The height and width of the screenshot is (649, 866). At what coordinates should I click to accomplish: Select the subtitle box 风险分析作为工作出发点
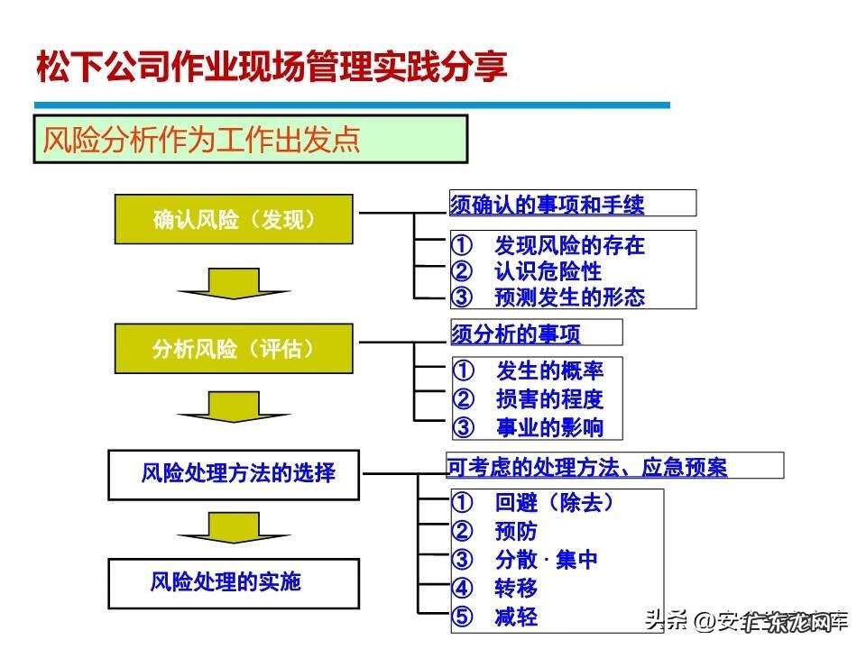click(251, 140)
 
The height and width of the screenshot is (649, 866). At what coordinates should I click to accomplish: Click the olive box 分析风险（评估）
click(234, 349)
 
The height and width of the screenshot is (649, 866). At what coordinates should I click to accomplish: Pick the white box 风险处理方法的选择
click(234, 474)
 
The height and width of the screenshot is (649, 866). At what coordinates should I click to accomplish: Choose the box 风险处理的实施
click(234, 582)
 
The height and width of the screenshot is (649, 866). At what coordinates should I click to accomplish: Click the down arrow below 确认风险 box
click(234, 283)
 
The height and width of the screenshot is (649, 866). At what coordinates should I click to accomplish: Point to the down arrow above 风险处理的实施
click(234, 527)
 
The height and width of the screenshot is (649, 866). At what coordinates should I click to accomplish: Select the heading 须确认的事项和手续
click(548, 205)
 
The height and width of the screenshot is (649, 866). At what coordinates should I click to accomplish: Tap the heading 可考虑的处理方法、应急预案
click(587, 467)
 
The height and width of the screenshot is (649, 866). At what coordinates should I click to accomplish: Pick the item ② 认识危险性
click(527, 270)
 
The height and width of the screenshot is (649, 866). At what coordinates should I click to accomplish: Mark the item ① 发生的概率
click(529, 370)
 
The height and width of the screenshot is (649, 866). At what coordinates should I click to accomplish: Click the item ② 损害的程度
click(529, 399)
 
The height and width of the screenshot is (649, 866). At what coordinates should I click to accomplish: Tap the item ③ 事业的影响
click(529, 427)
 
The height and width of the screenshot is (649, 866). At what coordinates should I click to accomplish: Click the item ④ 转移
click(495, 589)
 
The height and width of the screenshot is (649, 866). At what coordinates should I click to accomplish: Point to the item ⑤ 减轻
click(495, 617)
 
